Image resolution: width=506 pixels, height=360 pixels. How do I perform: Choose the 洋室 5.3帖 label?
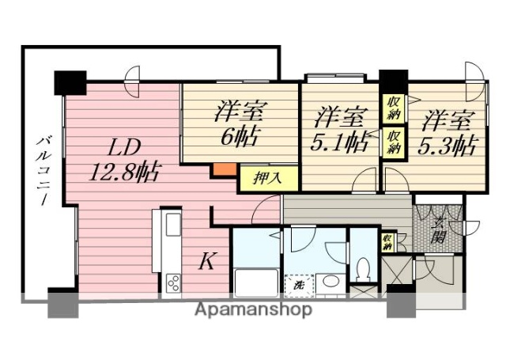pyautogui.click(x=447, y=132)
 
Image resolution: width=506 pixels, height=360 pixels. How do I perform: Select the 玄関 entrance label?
pyautogui.click(x=440, y=226)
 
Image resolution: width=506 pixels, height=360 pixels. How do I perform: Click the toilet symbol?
pyautogui.click(x=364, y=269)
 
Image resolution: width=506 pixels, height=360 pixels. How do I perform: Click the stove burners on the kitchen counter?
pyautogui.click(x=172, y=281)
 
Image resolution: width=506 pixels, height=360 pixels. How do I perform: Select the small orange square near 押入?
pyautogui.click(x=223, y=169)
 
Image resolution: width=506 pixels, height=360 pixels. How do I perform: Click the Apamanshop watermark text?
pyautogui.click(x=253, y=309)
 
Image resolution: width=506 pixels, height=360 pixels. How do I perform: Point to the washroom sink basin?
pyautogui.click(x=330, y=282)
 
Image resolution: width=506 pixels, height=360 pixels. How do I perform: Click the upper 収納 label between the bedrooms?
pyautogui.click(x=393, y=106)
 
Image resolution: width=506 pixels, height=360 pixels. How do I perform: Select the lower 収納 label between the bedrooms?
pyautogui.click(x=393, y=142)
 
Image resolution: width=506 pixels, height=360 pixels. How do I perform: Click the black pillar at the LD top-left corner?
pyautogui.click(x=70, y=81)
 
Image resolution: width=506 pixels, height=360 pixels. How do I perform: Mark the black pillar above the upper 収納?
pyautogui.click(x=393, y=80)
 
